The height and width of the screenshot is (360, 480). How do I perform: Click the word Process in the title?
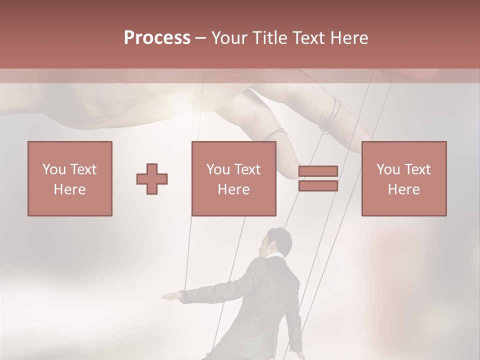[157, 38]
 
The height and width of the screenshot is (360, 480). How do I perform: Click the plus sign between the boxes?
[152, 178]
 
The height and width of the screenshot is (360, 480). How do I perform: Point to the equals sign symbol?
[318, 178]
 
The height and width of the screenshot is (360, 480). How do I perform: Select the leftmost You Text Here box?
[70, 178]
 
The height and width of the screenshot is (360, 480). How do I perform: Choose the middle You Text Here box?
[234, 178]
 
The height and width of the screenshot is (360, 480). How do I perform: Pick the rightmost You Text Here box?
[404, 178]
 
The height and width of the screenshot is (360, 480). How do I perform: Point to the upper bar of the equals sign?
[318, 171]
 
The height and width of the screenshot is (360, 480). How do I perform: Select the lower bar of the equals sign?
[318, 185]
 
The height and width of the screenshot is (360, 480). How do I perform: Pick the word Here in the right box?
[404, 189]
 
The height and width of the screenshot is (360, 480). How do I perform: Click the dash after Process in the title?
[200, 38]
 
